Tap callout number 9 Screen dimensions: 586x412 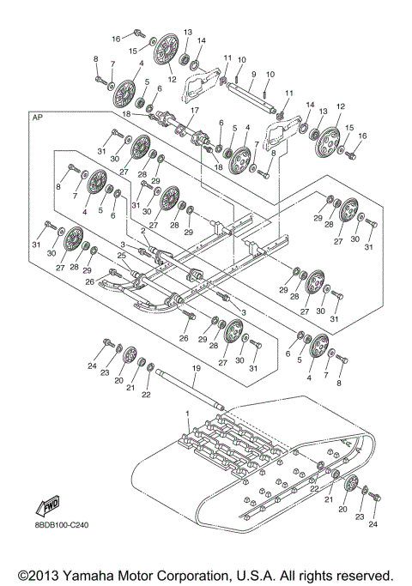coord(253,74)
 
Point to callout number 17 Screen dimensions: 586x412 coord(194,111)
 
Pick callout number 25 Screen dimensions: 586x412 coord(122,255)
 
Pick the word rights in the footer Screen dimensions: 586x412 coord(326,574)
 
